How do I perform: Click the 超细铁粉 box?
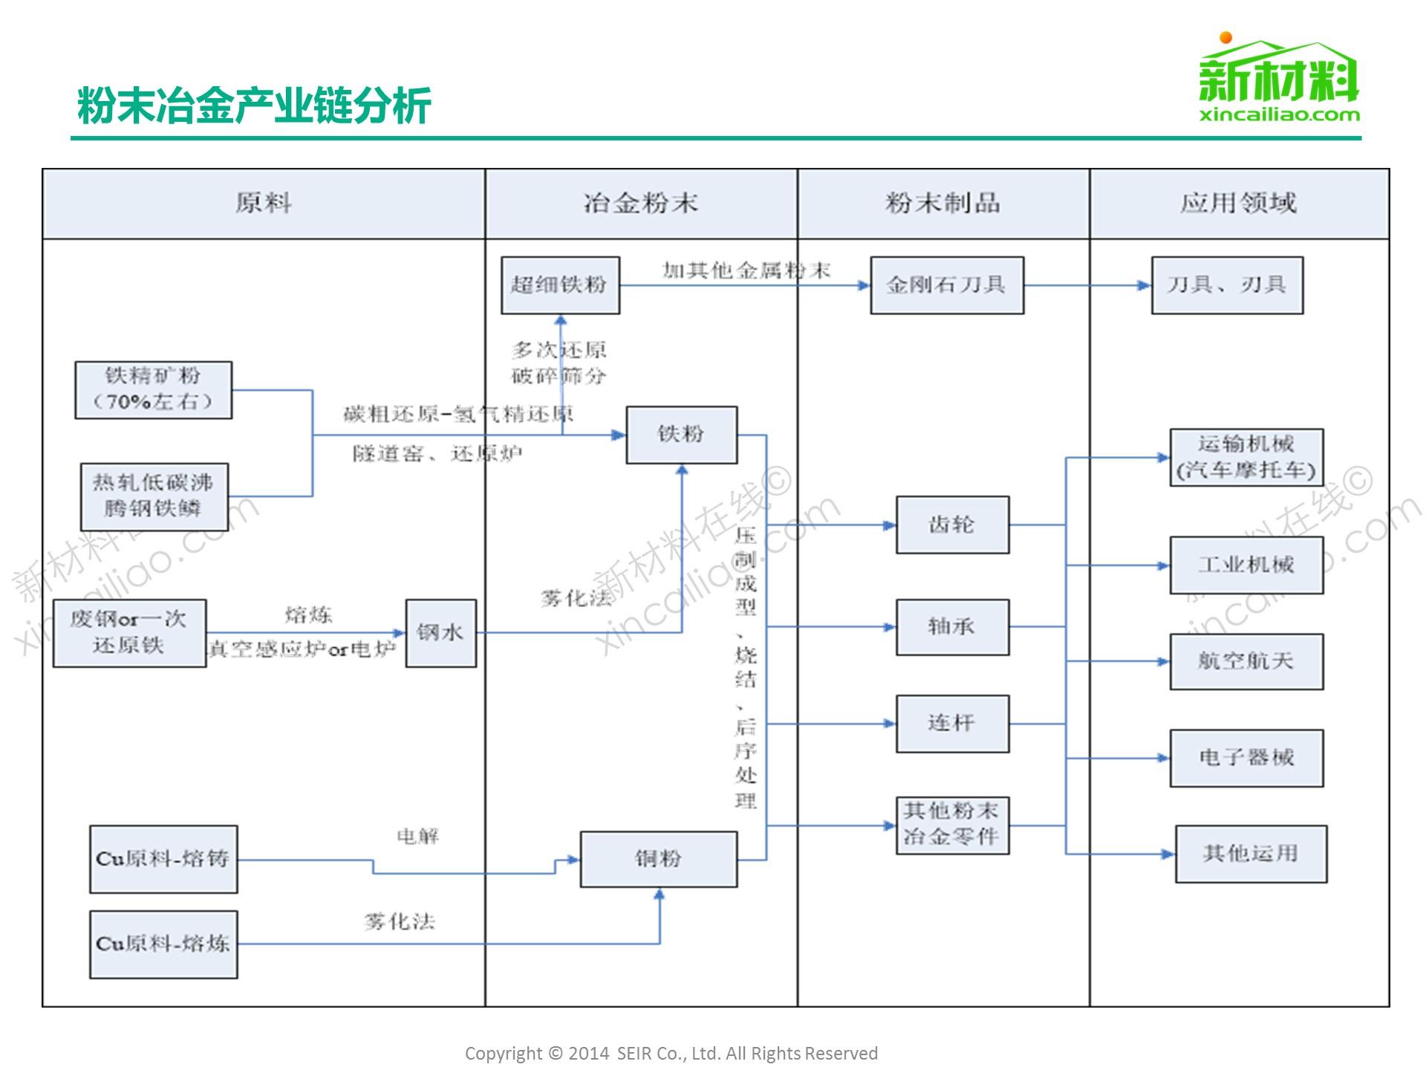point(560,285)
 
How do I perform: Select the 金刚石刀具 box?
point(946,285)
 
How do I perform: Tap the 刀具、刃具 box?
point(1227,285)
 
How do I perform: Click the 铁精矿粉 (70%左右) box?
point(153,390)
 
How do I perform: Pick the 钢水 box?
point(440,633)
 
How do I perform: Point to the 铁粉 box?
point(681,435)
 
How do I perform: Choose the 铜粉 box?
point(658,859)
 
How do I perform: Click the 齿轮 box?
point(952,525)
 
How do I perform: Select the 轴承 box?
point(952,627)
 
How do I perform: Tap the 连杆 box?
point(952,724)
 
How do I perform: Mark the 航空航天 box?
point(1246,661)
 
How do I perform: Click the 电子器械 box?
point(1246,758)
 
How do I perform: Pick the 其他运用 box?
point(1251,854)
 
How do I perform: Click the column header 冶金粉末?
point(641,204)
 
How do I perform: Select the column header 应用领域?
point(1239,204)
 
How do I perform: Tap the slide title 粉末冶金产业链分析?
point(254,106)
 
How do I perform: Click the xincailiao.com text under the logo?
point(1279,114)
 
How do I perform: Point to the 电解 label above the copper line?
point(418,837)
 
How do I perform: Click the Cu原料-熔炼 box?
point(163,944)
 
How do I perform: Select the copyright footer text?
point(671,1053)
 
